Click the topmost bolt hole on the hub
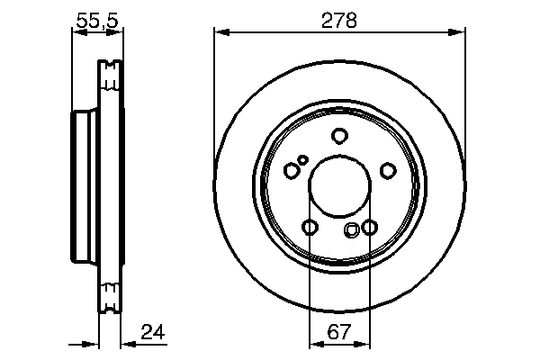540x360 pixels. coord(339,136)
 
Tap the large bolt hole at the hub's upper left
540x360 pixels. coord(291,170)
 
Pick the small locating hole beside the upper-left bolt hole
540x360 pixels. coord(303,160)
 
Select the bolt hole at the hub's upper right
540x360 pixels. coord(388,170)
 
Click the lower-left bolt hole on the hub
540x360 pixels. coord(310,228)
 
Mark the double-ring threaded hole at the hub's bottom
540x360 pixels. coord(352,230)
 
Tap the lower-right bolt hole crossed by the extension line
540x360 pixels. coord(368,228)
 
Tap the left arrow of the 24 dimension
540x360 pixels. coord(90,343)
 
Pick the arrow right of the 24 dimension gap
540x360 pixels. coord(129,343)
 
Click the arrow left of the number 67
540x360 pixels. coord(316,343)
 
